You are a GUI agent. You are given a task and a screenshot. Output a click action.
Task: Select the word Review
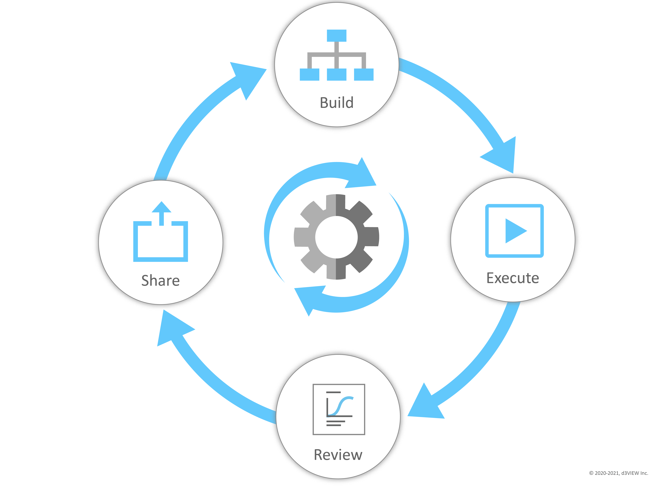coord(338,455)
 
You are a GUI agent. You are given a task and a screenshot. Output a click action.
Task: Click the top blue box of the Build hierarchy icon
coord(336,35)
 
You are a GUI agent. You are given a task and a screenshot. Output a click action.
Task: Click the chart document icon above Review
coord(339,409)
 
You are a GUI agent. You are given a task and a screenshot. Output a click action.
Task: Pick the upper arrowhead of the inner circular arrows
coord(362,176)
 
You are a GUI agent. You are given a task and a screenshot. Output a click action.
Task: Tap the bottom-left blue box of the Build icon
coord(309,75)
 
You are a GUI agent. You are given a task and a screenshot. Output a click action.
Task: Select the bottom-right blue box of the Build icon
coord(364,75)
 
